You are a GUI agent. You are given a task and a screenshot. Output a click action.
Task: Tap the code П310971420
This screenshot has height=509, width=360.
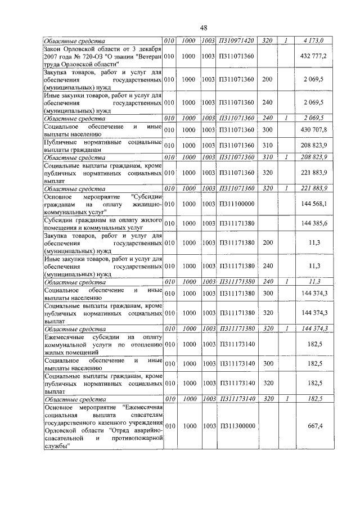[x=236, y=40]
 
